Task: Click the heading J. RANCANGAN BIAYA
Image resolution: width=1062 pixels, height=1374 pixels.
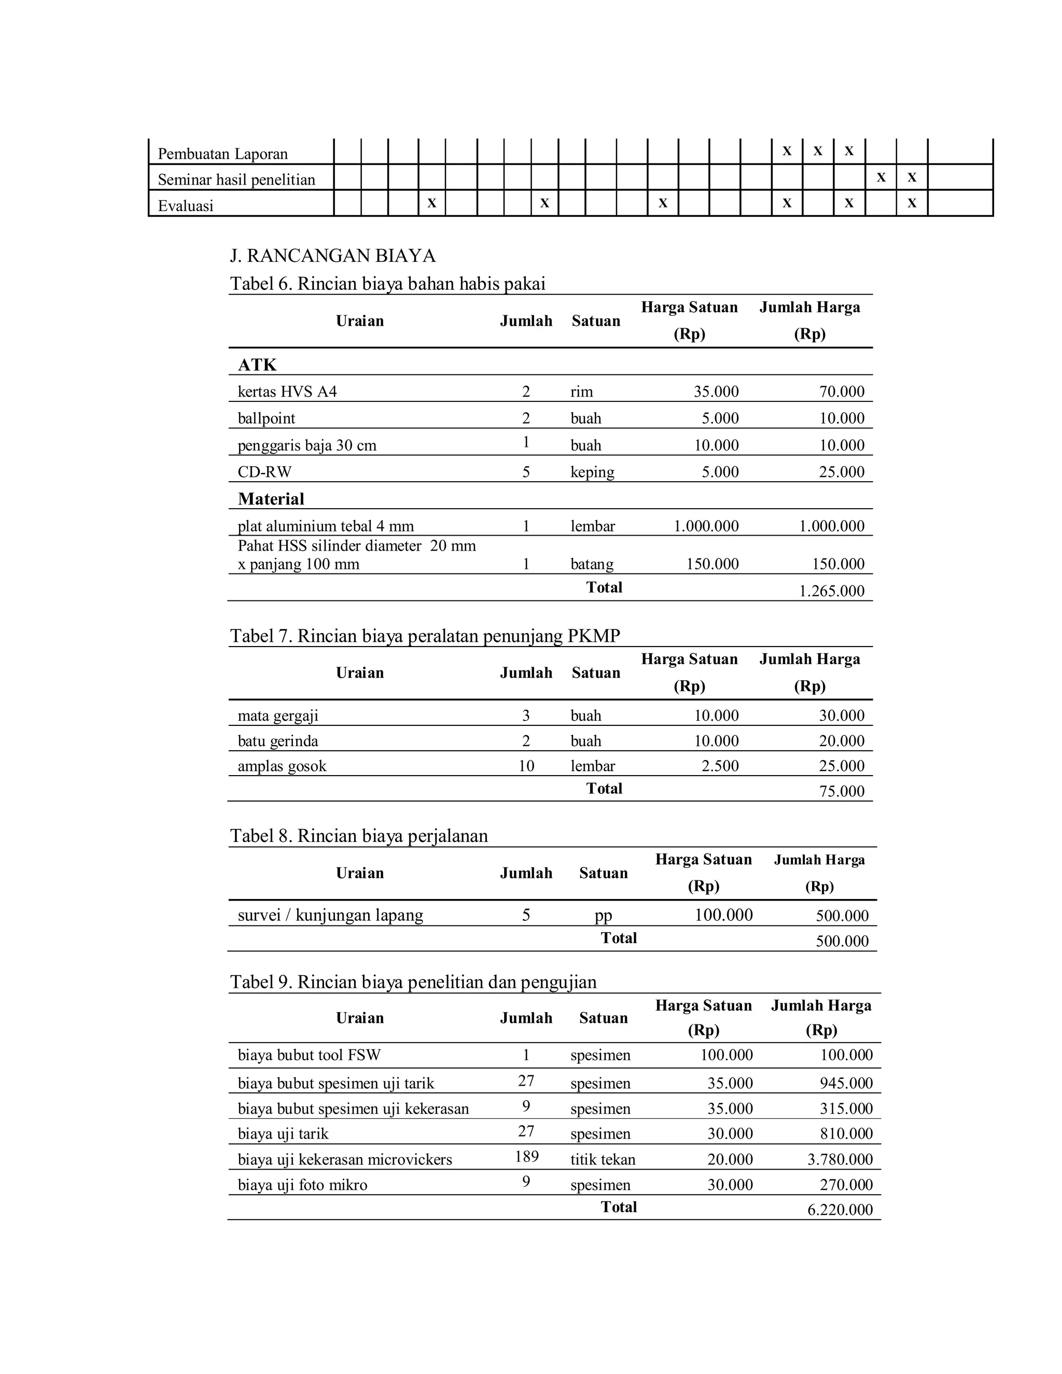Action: [333, 256]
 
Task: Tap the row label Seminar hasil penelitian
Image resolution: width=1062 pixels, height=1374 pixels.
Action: [236, 180]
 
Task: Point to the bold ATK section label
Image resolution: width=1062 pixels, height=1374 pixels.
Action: [257, 365]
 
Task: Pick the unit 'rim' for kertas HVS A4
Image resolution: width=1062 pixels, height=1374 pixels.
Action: [581, 391]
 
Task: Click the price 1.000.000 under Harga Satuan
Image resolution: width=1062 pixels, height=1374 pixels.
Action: [706, 526]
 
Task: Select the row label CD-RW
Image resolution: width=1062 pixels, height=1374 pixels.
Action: [264, 472]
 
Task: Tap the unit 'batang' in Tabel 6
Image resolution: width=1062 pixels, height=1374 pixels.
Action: [591, 564]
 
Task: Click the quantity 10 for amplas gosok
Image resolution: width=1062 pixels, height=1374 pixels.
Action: [526, 766]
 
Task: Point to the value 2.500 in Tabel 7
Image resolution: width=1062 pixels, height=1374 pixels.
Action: [720, 766]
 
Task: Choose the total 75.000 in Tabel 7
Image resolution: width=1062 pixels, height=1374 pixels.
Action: [841, 791]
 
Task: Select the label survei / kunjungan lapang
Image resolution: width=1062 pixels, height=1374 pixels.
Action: [330, 915]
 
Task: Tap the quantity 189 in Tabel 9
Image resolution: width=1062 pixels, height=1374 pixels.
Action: [526, 1156]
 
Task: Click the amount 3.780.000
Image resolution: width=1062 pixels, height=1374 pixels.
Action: [840, 1159]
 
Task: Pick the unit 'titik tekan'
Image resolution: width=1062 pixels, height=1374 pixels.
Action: [602, 1159]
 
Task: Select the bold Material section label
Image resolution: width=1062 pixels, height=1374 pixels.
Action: [271, 499]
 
